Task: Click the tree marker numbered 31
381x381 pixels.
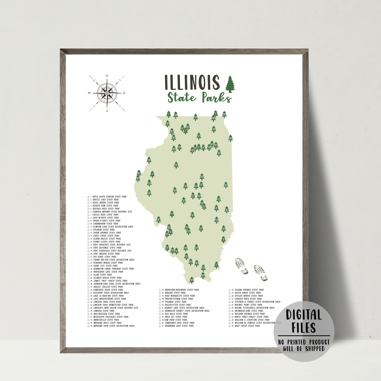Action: (x=176, y=165)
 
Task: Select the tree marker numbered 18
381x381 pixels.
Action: (x=192, y=280)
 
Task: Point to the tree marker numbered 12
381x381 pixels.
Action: (x=149, y=160)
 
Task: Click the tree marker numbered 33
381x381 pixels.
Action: (x=226, y=184)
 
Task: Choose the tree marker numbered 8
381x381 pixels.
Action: (x=216, y=265)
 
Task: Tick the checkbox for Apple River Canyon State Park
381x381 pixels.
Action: (x=88, y=197)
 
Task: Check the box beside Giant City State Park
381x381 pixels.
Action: (x=88, y=266)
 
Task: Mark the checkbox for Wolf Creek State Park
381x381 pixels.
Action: (x=230, y=326)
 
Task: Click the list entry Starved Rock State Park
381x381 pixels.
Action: (x=248, y=299)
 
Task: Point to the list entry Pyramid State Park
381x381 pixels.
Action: (x=176, y=302)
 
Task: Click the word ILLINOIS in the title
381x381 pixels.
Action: (x=192, y=82)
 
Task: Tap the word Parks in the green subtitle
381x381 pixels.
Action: (x=217, y=98)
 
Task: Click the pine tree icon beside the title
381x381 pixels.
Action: (x=230, y=84)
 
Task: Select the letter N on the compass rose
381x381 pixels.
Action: (x=107, y=76)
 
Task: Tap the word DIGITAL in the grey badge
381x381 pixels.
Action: (x=304, y=315)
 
